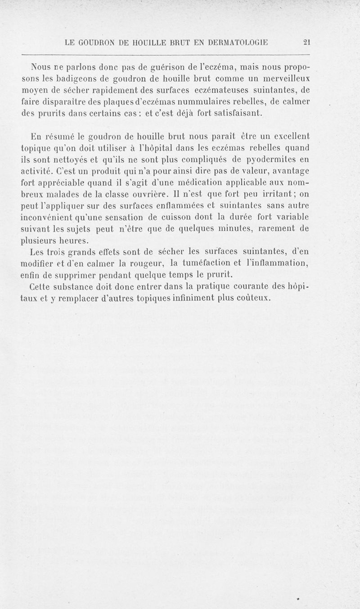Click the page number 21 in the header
point(307,43)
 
